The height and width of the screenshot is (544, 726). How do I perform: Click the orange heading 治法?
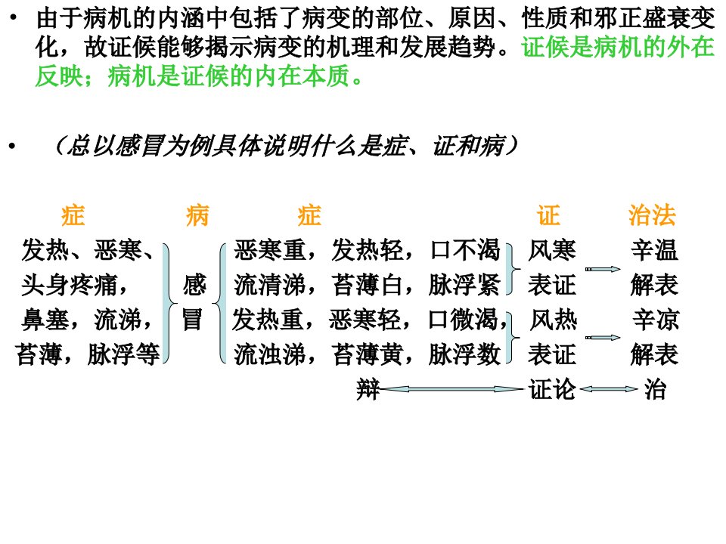pos(652,215)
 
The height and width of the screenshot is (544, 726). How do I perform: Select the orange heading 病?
pos(197,215)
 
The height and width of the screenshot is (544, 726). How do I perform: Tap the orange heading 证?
pos(549,215)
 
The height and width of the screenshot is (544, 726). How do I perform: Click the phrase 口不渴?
pos(465,250)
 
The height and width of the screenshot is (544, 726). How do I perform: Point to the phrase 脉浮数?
pos(464,354)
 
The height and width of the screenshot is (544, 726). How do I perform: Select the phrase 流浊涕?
pos(270,354)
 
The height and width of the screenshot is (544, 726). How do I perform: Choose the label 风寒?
pos(552,250)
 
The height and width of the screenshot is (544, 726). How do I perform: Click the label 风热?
pos(553,320)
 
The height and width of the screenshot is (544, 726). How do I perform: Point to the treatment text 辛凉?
pos(656,320)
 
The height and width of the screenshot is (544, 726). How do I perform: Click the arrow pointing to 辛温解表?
pos(603,269)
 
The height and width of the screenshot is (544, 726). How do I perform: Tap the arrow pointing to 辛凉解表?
pos(603,338)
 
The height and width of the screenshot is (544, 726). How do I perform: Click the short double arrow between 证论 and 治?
pos(608,389)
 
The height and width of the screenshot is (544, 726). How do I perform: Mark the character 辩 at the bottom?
pos(368,389)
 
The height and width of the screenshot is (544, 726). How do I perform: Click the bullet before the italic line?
pos(12,146)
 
